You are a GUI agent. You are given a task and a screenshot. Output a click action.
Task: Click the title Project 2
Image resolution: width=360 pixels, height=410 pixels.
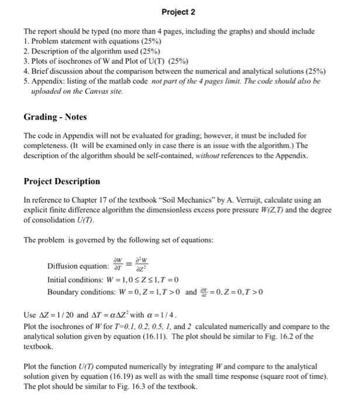(x=179, y=12)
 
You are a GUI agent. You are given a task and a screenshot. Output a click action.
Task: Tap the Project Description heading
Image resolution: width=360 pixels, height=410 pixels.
(x=61, y=181)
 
